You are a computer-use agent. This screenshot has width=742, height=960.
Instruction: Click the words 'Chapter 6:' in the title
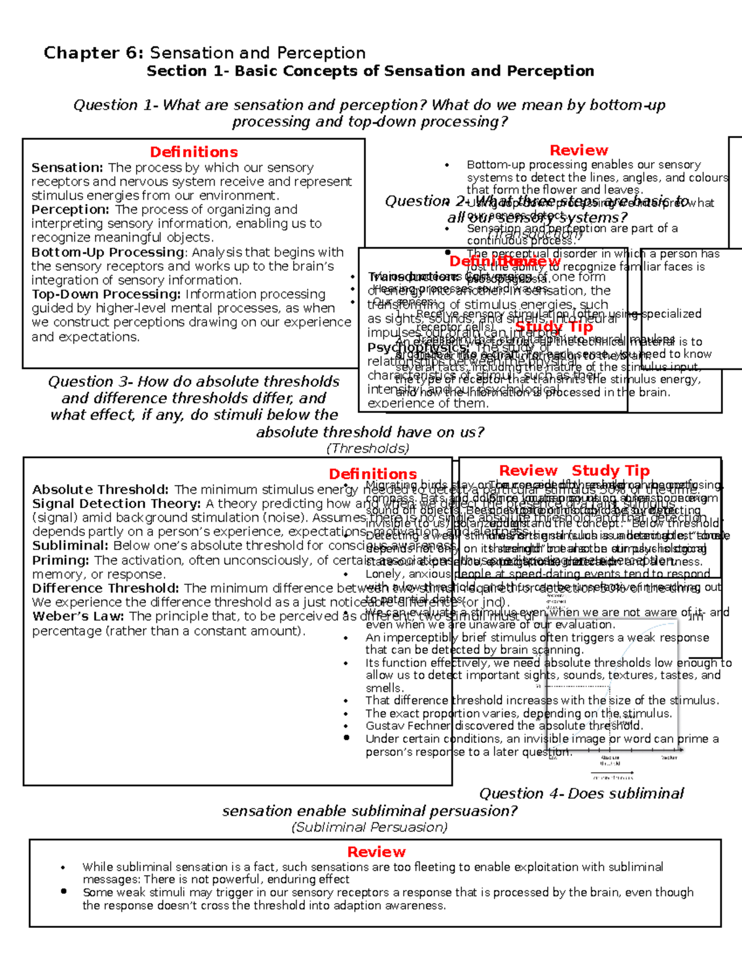coord(93,53)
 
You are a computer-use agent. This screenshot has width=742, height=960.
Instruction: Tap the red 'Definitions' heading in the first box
coord(194,152)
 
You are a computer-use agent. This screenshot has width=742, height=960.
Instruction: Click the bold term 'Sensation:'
coord(67,168)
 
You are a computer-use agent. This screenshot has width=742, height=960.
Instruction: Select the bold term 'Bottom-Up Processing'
coord(108,252)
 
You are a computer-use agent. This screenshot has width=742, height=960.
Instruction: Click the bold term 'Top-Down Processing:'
coord(106,294)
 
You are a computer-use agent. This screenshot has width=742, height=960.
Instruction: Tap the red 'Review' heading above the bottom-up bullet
coord(579,150)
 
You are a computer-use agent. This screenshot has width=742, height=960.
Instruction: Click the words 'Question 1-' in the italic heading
coord(117,105)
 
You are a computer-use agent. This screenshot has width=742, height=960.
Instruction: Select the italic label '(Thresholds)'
coord(368,448)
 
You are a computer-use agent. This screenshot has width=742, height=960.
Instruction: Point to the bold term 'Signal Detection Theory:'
coord(116,504)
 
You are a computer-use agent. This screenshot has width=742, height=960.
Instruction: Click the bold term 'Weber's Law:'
coord(79,616)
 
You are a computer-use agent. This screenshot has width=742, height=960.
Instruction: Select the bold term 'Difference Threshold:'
coord(106,588)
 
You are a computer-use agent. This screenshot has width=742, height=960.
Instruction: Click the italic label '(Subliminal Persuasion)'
coord(369,827)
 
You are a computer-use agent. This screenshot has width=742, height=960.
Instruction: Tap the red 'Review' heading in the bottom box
coord(376,852)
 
